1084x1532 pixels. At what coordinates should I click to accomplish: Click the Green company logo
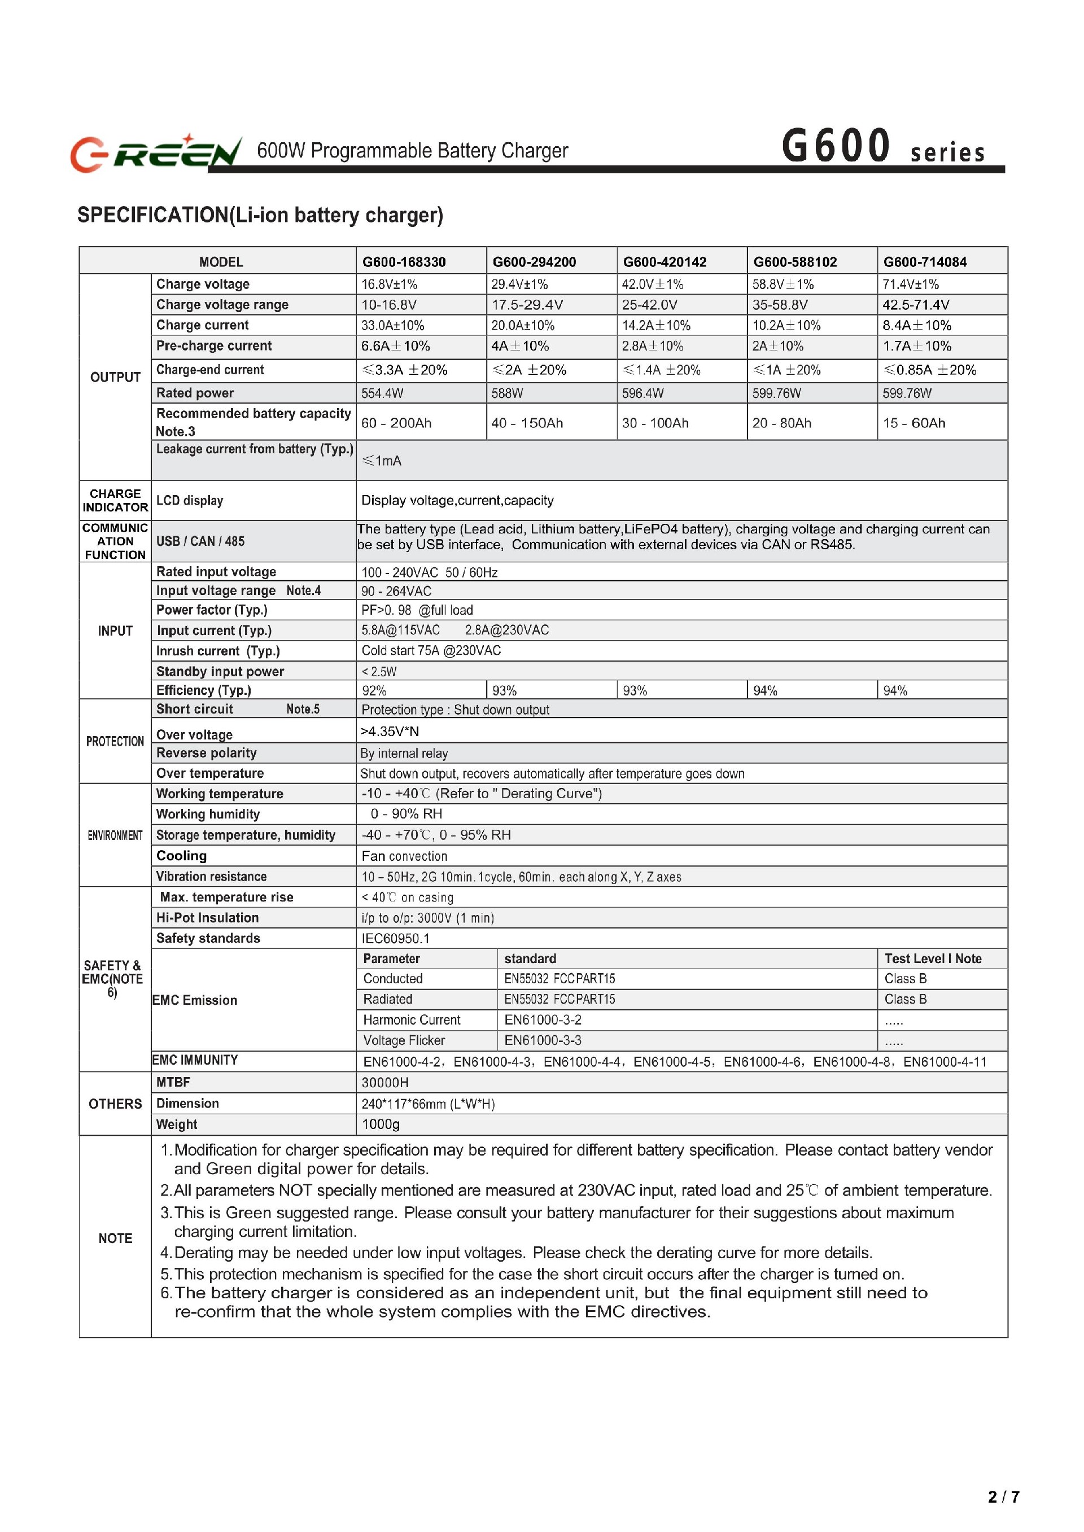point(155,153)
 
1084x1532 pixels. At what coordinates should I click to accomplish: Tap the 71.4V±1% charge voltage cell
point(911,284)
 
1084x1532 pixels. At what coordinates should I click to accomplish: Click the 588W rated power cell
point(508,393)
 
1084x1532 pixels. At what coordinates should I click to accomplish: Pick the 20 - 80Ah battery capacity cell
point(781,423)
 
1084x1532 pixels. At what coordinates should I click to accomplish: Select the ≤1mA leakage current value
point(381,461)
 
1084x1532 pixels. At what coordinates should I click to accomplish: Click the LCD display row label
point(190,501)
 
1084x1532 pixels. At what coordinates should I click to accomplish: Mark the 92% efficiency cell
point(374,690)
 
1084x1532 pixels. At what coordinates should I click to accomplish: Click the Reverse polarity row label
point(206,752)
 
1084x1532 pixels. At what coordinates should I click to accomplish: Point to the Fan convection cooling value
point(404,856)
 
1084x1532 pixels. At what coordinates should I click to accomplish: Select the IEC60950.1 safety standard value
point(396,938)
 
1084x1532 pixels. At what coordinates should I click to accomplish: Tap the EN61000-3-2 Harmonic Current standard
point(543,1019)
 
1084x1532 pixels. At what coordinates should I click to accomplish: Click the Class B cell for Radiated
point(905,999)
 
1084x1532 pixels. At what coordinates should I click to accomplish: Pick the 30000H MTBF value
point(385,1082)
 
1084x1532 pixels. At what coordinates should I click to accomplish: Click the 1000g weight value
point(381,1124)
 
